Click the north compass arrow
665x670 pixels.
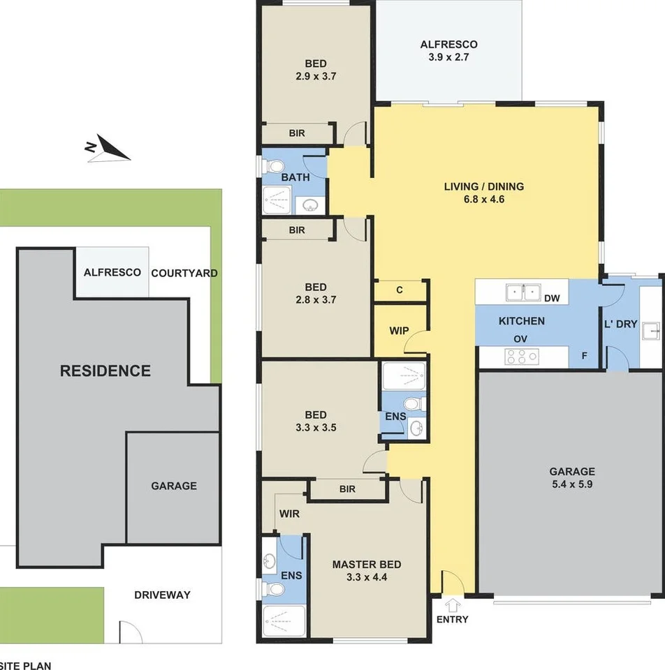pyautogui.click(x=110, y=149)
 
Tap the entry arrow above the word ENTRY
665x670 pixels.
pyautogui.click(x=453, y=606)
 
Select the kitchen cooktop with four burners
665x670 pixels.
pyautogui.click(x=521, y=357)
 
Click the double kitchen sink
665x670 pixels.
pyautogui.click(x=523, y=292)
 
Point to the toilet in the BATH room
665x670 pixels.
pyautogui.click(x=274, y=166)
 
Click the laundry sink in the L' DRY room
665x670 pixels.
pyautogui.click(x=651, y=331)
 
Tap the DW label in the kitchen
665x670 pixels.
pyautogui.click(x=552, y=298)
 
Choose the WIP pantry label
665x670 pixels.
pyautogui.click(x=399, y=330)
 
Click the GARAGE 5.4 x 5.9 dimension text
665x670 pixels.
pyautogui.click(x=572, y=477)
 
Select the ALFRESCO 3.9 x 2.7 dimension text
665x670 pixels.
pyautogui.click(x=448, y=50)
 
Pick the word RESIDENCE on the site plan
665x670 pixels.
pyautogui.click(x=105, y=371)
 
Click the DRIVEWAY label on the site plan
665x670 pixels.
pyautogui.click(x=162, y=595)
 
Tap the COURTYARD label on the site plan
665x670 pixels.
pyautogui.click(x=184, y=273)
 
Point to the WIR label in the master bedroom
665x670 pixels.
pyautogui.click(x=289, y=514)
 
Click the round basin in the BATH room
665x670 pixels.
pyautogui.click(x=310, y=205)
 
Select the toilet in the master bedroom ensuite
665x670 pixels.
pyautogui.click(x=273, y=590)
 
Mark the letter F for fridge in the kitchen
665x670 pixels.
pyautogui.click(x=584, y=355)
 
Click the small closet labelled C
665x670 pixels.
pyautogui.click(x=400, y=290)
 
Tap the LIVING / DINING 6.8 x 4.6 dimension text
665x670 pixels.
pyautogui.click(x=484, y=193)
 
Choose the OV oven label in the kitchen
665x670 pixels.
pyautogui.click(x=520, y=339)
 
